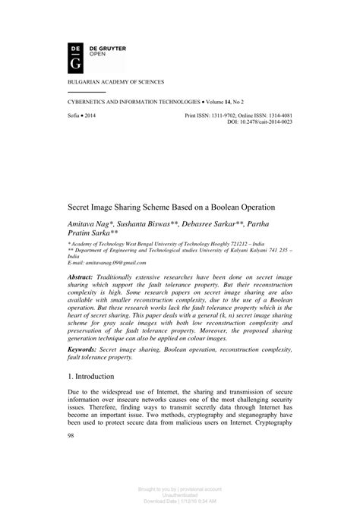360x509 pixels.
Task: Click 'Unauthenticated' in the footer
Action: pos(180,494)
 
